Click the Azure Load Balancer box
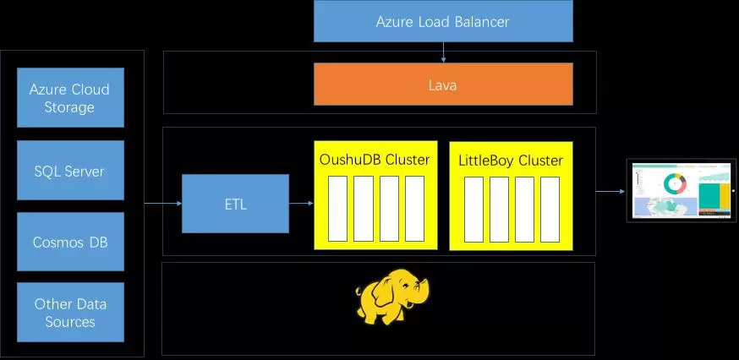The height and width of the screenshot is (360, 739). coord(443,21)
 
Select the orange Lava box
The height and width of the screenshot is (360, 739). coord(443,85)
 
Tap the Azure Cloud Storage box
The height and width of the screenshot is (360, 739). coord(70,98)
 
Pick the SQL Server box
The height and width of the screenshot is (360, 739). coord(70,171)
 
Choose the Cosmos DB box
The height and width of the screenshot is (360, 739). coord(70,242)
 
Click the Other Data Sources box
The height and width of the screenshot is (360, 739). coord(70,312)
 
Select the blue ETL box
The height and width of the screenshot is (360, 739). coord(235,204)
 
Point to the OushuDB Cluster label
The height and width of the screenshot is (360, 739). coord(375,160)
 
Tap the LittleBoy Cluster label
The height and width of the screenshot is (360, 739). coord(511,160)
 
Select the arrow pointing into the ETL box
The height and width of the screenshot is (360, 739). coord(163,204)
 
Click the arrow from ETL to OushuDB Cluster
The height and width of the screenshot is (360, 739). coord(301,204)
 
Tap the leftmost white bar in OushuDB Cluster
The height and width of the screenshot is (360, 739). coord(337,209)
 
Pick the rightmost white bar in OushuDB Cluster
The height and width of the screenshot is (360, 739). coord(414,209)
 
